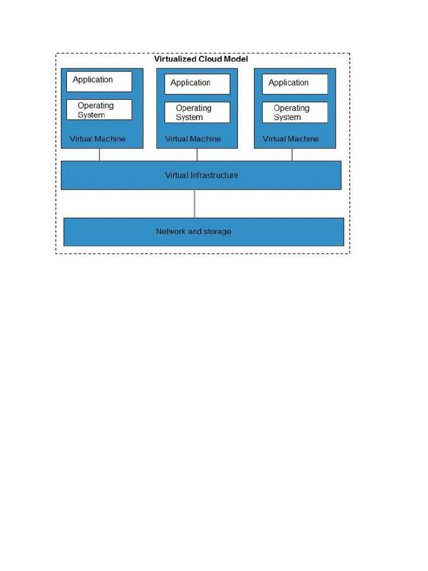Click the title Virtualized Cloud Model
tap(201, 59)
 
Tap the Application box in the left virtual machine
tap(99, 81)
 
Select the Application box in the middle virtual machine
tap(197, 84)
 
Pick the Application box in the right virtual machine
tap(295, 84)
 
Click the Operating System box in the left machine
tap(99, 110)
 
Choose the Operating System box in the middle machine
tap(197, 113)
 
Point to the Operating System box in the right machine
tap(295, 113)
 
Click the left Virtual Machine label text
tap(98, 139)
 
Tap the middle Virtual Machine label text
tap(193, 139)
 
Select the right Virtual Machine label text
tap(290, 139)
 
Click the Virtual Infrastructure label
tap(201, 175)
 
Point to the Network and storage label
tap(193, 231)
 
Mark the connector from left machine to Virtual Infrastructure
tap(99, 154)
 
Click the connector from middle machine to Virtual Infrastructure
tap(194, 154)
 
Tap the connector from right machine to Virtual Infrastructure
tap(292, 154)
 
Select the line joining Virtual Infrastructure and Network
tap(194, 204)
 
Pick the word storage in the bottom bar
tap(217, 231)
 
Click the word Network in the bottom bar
tap(171, 231)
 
